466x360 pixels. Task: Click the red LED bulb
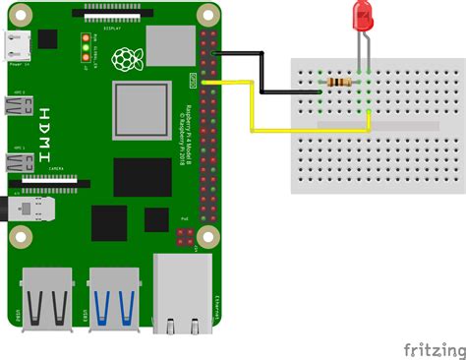(x=363, y=17)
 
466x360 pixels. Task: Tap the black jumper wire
(x=262, y=74)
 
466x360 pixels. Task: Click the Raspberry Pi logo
(x=123, y=60)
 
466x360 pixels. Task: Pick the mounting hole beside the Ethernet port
(x=206, y=236)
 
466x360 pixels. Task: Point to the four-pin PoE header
(x=184, y=237)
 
